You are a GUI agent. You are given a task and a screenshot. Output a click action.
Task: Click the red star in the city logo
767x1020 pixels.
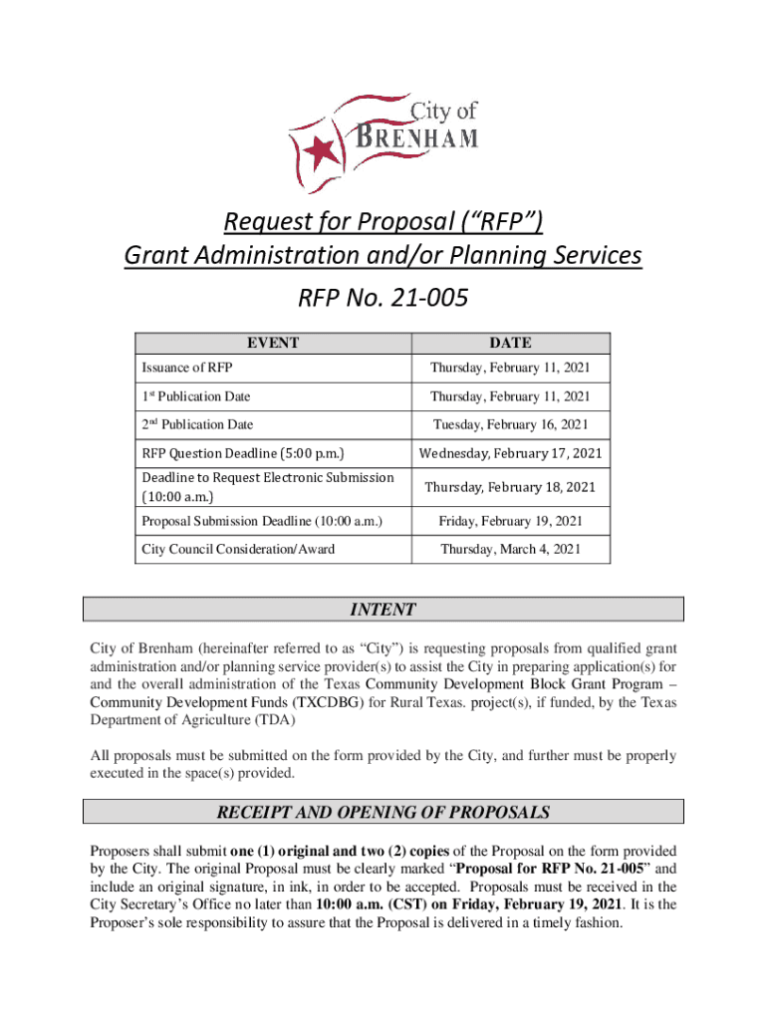tap(322, 152)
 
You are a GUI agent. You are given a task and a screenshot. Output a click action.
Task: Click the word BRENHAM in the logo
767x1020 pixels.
tap(415, 135)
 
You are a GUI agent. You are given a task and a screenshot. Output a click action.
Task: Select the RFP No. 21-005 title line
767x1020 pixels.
tap(383, 297)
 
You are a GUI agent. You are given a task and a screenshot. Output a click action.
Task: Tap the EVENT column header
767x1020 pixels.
tap(273, 343)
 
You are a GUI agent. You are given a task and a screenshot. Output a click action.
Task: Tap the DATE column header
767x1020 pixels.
tap(510, 343)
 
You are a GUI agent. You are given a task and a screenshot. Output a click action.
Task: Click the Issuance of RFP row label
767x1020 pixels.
tap(188, 369)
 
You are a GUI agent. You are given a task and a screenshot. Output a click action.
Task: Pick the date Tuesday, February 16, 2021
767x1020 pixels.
tap(510, 424)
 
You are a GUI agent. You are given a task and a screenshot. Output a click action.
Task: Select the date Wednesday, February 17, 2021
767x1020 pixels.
tap(510, 453)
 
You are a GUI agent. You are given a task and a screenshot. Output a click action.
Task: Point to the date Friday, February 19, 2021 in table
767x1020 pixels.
tap(510, 521)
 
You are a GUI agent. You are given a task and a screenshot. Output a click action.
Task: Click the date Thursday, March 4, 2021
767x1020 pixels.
tap(510, 549)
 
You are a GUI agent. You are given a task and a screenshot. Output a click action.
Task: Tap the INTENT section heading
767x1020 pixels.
tap(383, 610)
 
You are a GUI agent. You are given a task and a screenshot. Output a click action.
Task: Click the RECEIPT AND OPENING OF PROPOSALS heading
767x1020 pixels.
tap(383, 813)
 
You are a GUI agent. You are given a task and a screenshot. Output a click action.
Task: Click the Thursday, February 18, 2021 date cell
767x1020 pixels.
tap(510, 487)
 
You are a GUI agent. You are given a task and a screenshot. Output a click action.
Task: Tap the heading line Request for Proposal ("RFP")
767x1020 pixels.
tap(383, 218)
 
